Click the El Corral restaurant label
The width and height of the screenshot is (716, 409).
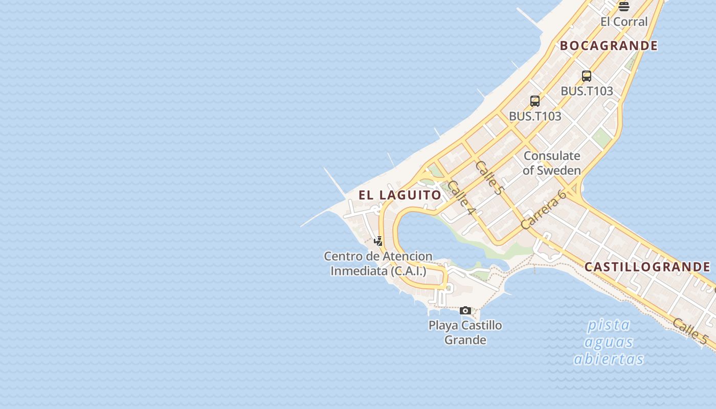(x=624, y=21)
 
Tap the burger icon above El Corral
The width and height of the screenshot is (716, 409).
(x=623, y=7)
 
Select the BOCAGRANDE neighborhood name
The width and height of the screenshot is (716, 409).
(x=609, y=46)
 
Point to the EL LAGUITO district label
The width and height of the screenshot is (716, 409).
(x=400, y=195)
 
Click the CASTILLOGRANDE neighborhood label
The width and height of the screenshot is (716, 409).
(x=647, y=267)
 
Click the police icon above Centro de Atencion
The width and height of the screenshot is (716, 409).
(x=378, y=241)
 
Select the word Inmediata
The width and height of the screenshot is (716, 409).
(x=359, y=270)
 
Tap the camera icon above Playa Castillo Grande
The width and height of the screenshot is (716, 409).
(x=465, y=310)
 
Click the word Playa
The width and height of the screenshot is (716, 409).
(x=443, y=325)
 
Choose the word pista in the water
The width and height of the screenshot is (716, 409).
(x=609, y=325)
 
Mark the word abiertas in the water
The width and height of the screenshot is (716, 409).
(x=609, y=358)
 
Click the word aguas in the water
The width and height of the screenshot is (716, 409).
(x=609, y=342)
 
